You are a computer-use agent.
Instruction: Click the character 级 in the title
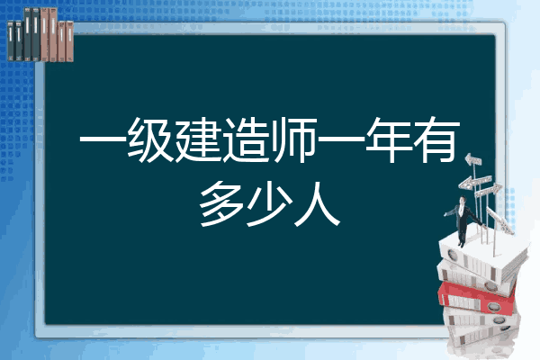150,139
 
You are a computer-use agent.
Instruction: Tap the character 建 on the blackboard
198,139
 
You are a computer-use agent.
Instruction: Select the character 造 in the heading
246,139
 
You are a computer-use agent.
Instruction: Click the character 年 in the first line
389,139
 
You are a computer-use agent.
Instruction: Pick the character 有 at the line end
436,139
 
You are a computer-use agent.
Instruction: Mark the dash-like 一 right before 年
341,139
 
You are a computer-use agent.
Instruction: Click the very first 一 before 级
103,139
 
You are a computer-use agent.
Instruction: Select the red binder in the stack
476,298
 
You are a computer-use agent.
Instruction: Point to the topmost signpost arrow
473,159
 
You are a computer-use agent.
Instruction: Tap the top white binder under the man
482,256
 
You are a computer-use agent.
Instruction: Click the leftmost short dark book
11,41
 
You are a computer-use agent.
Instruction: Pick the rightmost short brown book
69,41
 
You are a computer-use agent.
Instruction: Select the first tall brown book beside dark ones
44,34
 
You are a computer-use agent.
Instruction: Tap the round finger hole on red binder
493,307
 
